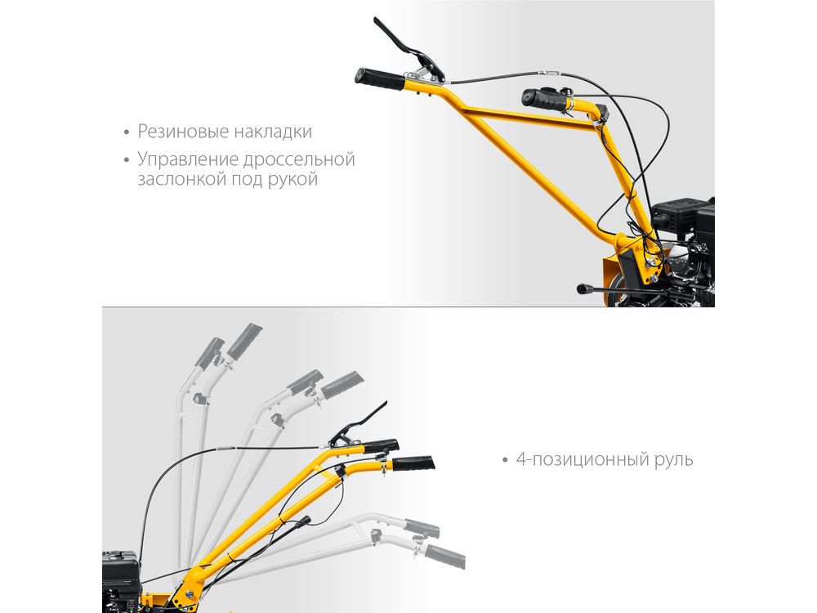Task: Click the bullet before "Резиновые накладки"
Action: point(127,132)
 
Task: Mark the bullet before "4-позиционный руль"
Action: point(504,460)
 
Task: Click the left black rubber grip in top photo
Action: point(380,79)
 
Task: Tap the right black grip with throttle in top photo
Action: point(546,100)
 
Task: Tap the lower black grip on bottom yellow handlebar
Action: point(413,463)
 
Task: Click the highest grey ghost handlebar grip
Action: point(244,342)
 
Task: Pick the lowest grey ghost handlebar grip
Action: point(444,557)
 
